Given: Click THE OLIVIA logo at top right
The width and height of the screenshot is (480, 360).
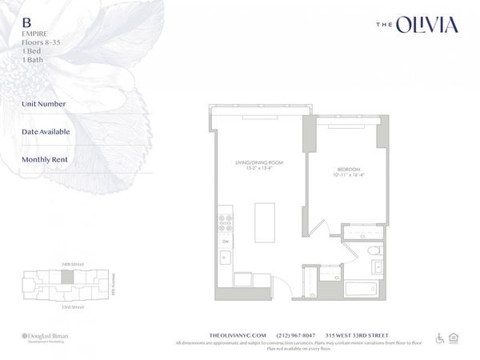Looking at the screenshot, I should [x=417, y=26].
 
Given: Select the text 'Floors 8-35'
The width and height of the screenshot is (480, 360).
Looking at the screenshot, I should [x=42, y=42].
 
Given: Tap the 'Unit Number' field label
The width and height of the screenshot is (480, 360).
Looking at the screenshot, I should [x=44, y=104].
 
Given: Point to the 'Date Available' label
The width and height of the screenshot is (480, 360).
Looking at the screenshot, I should [x=46, y=131].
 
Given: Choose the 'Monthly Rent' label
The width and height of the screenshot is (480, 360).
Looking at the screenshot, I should [x=45, y=158].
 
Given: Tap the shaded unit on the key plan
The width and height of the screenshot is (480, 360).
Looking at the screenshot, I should [x=68, y=276].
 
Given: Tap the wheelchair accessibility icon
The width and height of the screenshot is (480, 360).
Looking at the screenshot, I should [x=439, y=338].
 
